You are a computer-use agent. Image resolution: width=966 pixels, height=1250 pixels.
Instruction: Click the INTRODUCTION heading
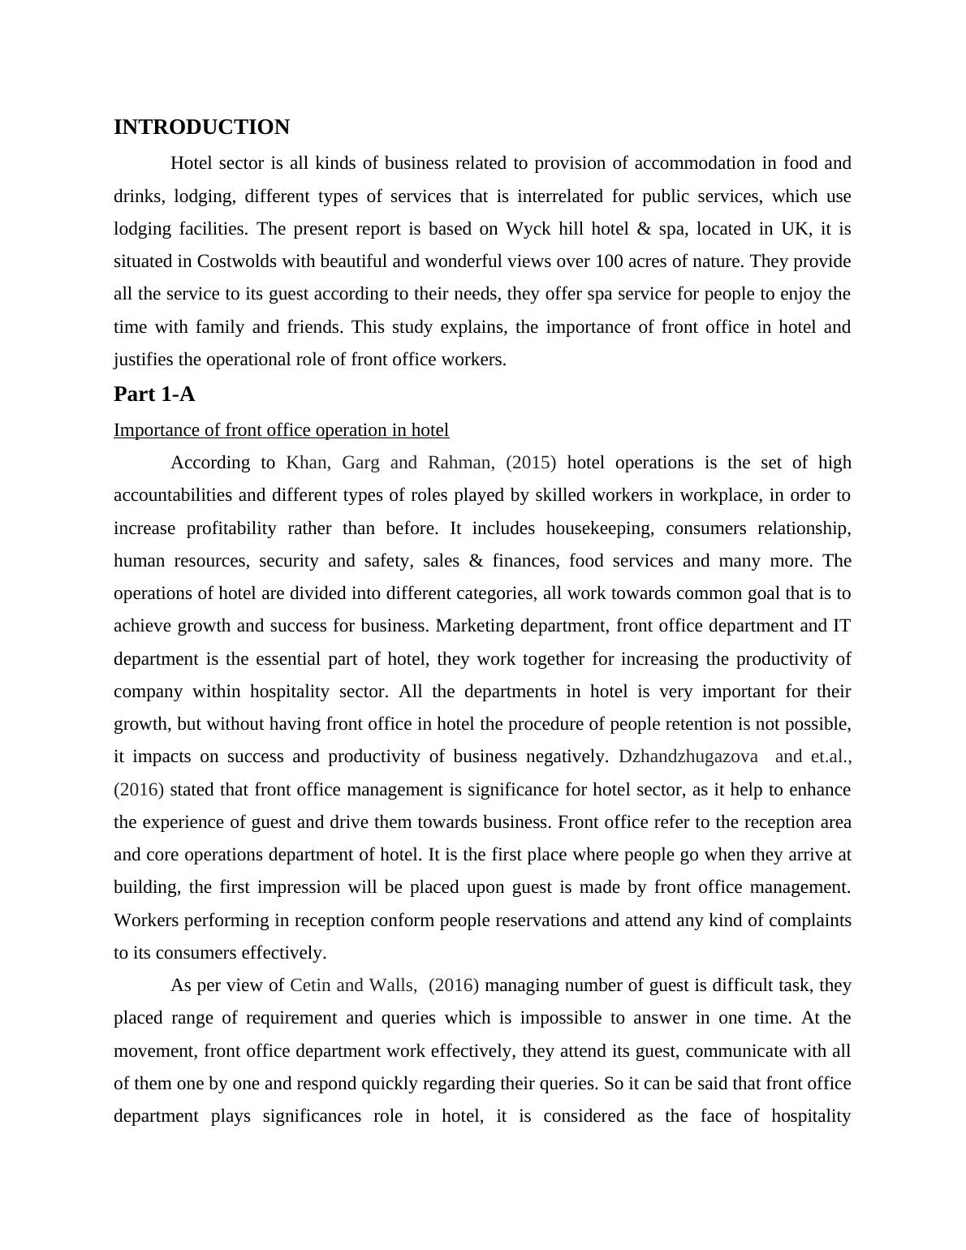click(x=201, y=127)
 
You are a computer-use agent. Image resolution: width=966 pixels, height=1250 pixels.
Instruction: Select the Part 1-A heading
click(x=154, y=394)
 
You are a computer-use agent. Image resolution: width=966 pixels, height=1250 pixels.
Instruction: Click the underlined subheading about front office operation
click(x=281, y=430)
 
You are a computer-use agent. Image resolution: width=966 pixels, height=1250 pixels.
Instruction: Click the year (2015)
click(x=531, y=463)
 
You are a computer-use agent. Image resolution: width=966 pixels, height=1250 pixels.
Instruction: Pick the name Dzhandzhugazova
click(x=688, y=756)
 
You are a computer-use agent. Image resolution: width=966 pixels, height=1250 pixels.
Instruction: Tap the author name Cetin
click(x=310, y=985)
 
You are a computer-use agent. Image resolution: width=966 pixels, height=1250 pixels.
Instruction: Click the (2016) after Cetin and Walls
click(x=454, y=985)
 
